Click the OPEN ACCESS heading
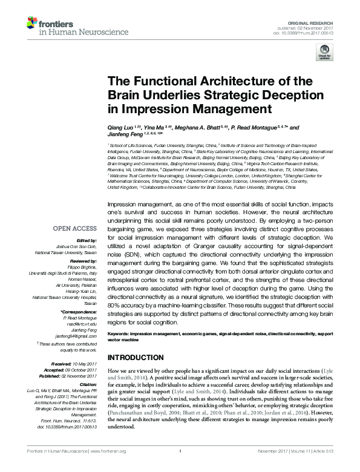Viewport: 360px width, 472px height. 75,228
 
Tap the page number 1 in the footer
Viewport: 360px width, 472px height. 180,467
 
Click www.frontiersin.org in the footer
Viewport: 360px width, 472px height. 113,467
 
